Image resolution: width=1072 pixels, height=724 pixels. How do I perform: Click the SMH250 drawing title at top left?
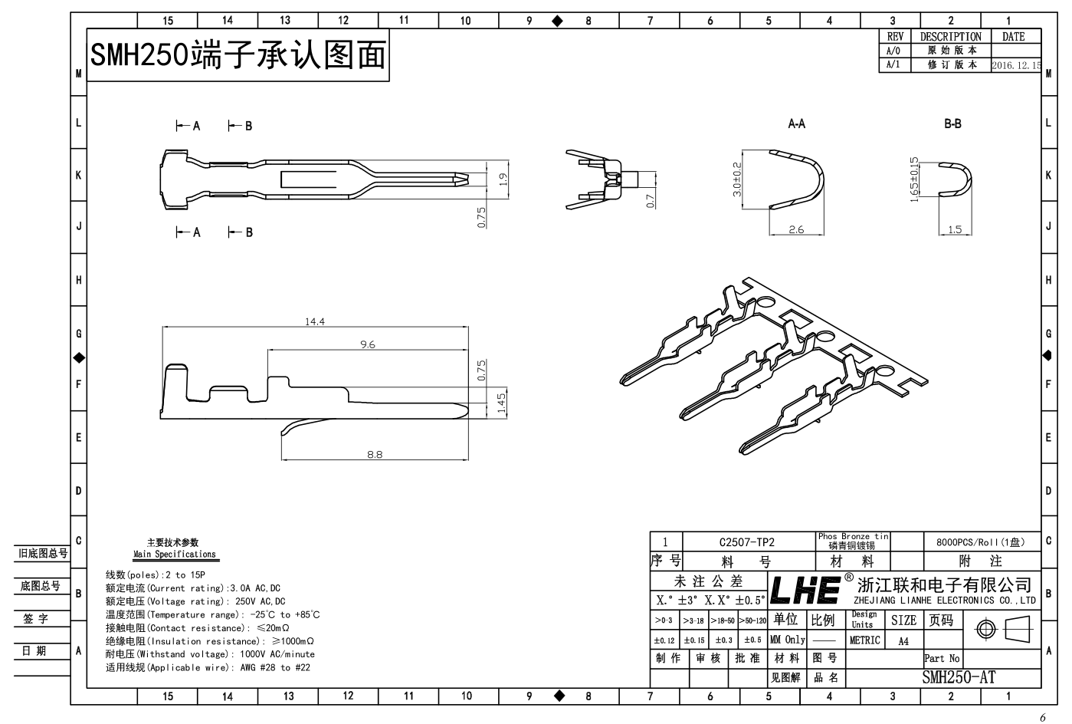click(238, 55)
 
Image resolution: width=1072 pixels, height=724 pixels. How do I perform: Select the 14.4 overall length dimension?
click(315, 321)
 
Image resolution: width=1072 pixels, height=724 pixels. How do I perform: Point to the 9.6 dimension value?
click(368, 344)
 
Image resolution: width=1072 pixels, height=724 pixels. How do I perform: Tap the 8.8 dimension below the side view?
click(374, 455)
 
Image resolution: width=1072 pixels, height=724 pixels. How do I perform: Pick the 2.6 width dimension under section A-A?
click(796, 229)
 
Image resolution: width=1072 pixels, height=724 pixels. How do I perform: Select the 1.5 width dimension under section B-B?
click(955, 229)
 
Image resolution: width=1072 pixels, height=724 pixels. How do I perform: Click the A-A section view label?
click(796, 123)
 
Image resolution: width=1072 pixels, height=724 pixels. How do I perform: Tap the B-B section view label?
click(952, 123)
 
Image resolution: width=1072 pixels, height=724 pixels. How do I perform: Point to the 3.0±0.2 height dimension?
click(737, 179)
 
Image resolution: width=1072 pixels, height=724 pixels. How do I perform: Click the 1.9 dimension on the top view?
click(503, 179)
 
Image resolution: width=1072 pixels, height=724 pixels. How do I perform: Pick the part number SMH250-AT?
click(959, 676)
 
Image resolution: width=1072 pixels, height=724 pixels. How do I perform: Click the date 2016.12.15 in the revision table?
click(1015, 66)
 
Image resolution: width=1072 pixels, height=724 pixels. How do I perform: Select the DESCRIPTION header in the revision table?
click(950, 37)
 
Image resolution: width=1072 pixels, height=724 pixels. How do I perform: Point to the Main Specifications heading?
click(175, 554)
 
